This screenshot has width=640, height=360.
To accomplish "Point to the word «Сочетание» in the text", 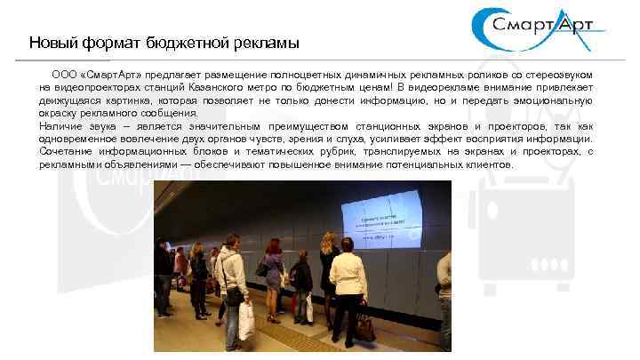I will tap(65, 152).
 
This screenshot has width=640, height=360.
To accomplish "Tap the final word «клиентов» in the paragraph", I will tap(489, 164).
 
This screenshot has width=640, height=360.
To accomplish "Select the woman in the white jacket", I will tap(348, 280).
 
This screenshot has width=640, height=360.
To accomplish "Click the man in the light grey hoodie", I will tap(231, 276).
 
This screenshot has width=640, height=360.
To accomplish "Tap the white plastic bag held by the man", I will tap(245, 321).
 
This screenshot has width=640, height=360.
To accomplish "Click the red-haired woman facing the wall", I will tap(273, 267).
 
